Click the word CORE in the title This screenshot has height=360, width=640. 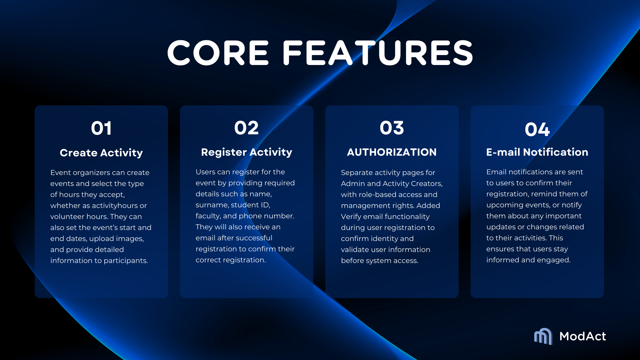click(x=218, y=53)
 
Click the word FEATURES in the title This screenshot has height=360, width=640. click(x=378, y=53)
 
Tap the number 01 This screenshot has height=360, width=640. click(x=101, y=128)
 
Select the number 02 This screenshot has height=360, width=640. click(x=246, y=128)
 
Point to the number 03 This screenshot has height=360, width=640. click(x=392, y=128)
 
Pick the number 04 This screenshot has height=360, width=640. click(x=537, y=129)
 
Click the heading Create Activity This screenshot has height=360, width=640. click(x=101, y=153)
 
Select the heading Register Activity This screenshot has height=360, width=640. click(x=247, y=152)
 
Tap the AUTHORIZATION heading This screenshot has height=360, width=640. click(x=392, y=152)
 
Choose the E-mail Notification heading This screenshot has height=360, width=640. click(x=537, y=152)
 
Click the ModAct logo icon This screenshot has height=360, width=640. click(x=543, y=336)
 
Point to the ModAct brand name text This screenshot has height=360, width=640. click(x=583, y=336)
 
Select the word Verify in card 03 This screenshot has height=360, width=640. click(x=351, y=217)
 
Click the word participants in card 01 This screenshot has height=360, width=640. click(x=126, y=261)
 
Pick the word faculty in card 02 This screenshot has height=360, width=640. click(x=208, y=216)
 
